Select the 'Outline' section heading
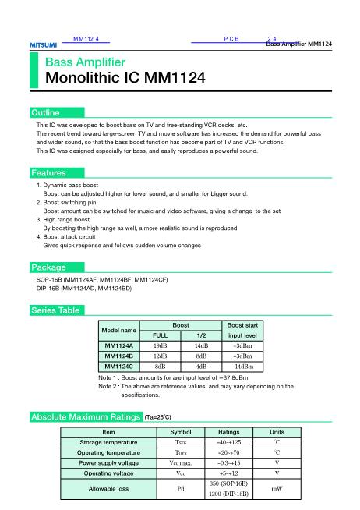44,113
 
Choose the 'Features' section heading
48,172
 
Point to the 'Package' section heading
48,267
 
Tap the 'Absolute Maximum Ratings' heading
85,417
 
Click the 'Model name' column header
120,330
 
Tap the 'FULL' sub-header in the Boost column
160,335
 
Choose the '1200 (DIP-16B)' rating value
228,494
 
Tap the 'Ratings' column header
228,431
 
